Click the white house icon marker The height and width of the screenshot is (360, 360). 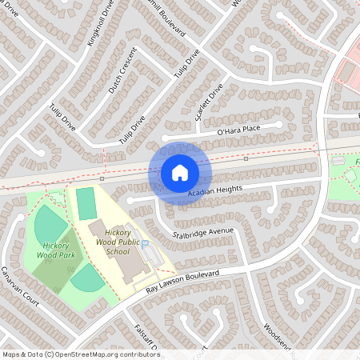point(180,173)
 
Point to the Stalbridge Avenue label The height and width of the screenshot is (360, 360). point(203,233)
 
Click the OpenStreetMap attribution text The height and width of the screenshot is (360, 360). point(81,354)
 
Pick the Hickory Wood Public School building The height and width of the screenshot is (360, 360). point(119,261)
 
